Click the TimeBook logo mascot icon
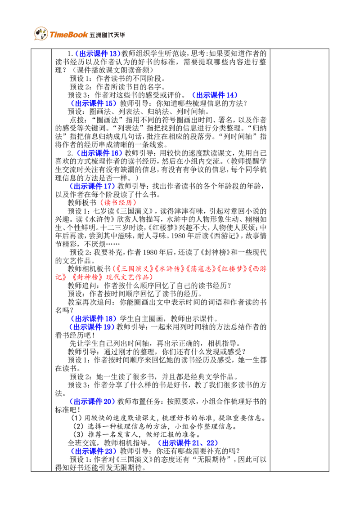[41, 33]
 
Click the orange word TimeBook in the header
[68, 35]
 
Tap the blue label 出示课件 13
[96, 54]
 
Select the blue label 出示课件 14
[215, 95]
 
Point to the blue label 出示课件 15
[94, 103]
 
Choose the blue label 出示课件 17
[92, 186]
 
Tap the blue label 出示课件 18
[94, 319]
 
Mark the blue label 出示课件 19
[92, 327]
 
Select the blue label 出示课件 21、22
[188, 443]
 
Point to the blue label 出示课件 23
[94, 451]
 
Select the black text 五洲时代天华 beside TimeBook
[107, 35]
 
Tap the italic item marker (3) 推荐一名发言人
[78, 434]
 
